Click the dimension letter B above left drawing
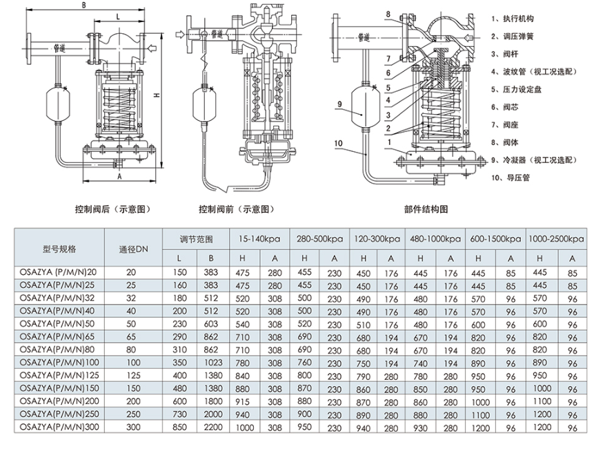point(83,5)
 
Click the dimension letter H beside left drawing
point(156,95)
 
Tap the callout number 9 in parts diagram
point(339,104)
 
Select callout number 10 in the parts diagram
point(338,144)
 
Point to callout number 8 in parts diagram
point(388,15)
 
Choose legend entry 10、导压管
point(511,178)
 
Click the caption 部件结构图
point(426,209)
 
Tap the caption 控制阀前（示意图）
point(236,209)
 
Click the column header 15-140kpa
point(260,239)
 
